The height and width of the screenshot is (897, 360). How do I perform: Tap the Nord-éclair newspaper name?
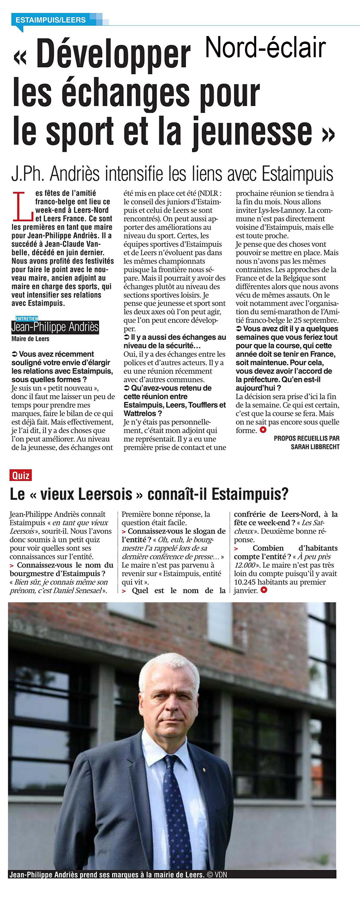point(265,48)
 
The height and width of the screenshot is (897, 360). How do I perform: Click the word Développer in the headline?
point(113,56)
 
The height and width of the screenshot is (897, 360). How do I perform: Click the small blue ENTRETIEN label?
point(27,318)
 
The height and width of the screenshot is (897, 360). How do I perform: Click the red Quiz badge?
point(21,475)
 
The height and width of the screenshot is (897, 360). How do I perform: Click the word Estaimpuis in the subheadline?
point(298,175)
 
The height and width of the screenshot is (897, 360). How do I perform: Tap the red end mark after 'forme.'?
point(263,430)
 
